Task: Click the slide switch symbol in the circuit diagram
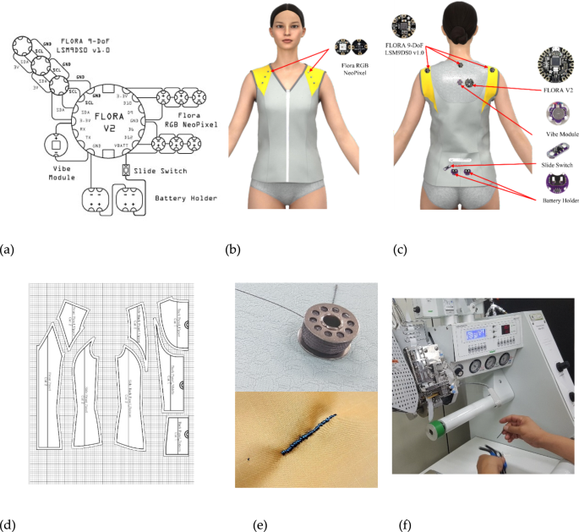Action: [x=126, y=171]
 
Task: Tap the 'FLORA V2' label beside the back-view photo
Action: [x=558, y=87]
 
